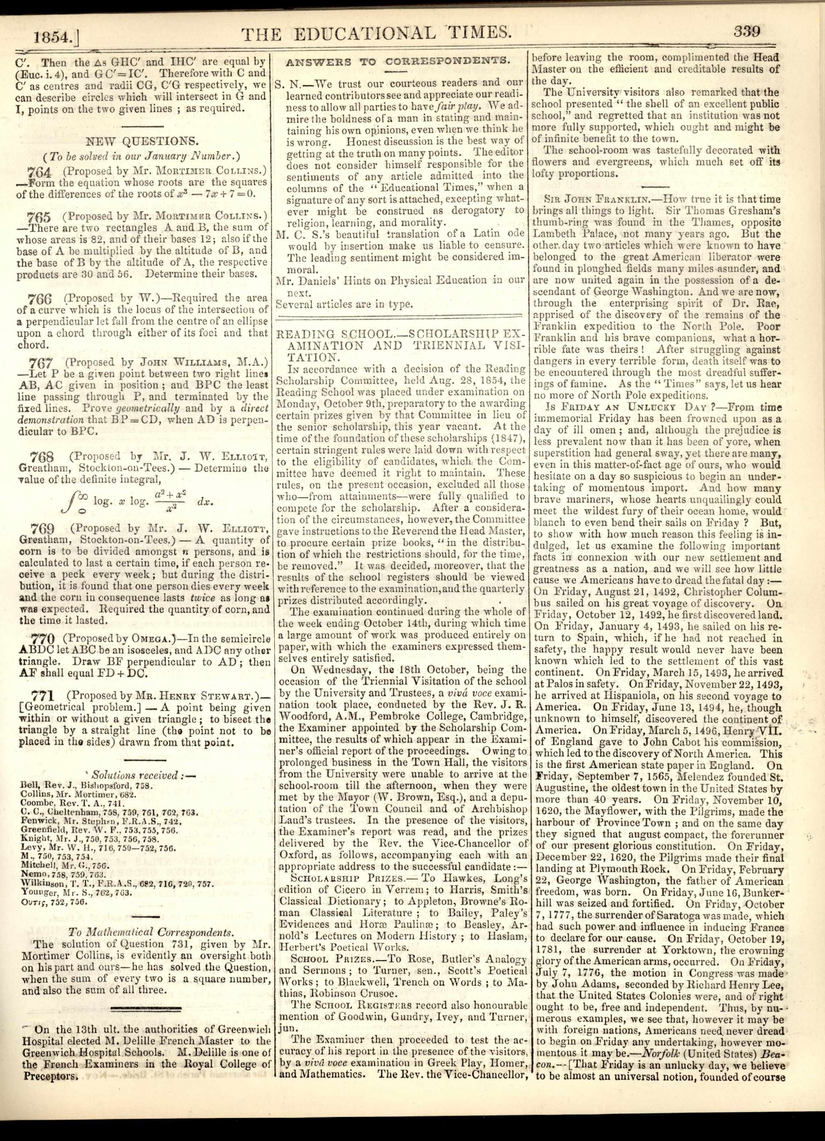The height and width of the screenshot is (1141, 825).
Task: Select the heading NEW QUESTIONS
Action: [x=143, y=141]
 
